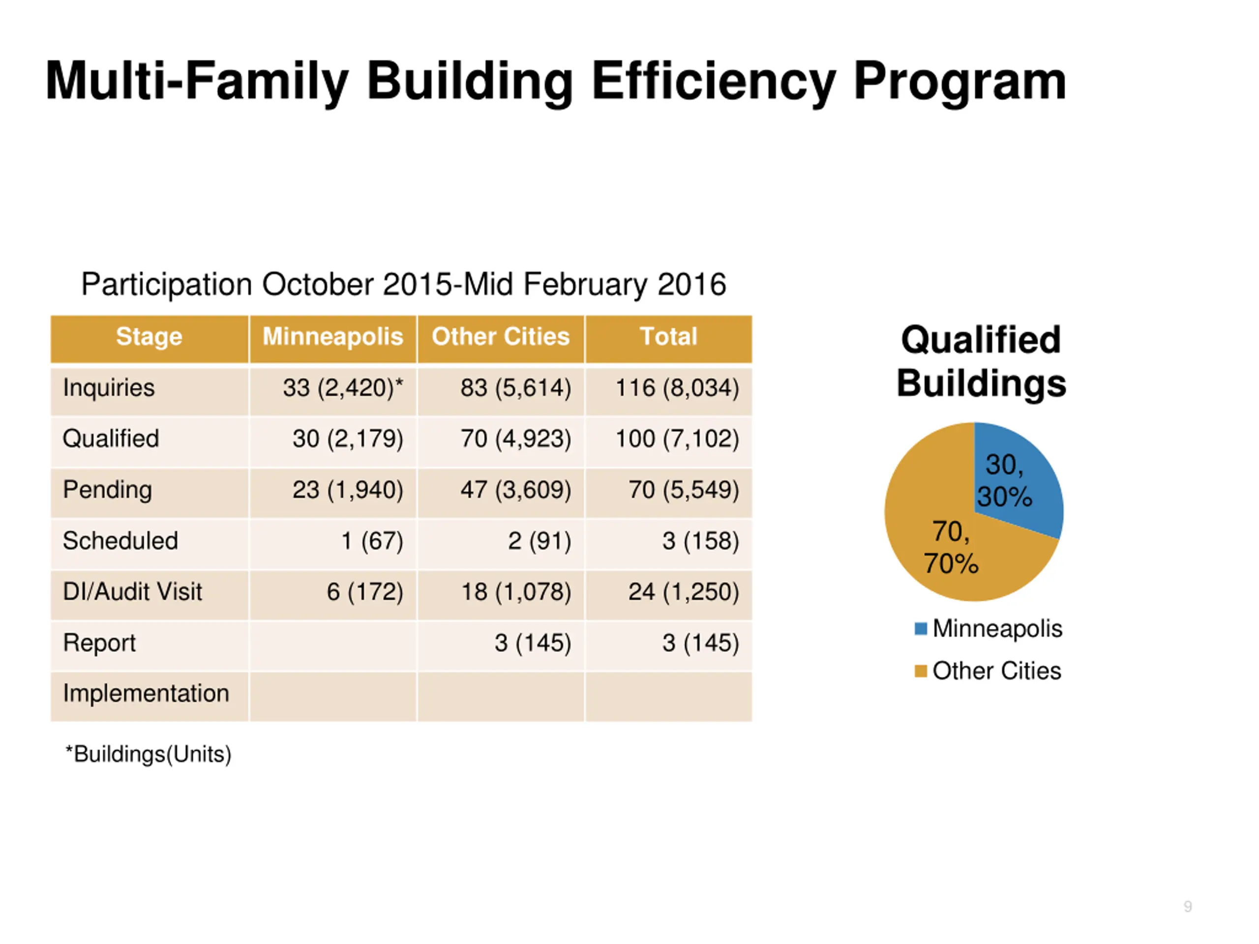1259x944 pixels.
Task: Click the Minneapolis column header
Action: coord(332,336)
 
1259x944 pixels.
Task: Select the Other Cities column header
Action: coord(500,336)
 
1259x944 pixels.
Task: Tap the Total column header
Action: coord(668,336)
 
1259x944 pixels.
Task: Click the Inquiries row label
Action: coord(109,387)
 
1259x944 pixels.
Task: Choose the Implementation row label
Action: coord(146,694)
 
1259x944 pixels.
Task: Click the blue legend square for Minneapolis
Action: coord(920,629)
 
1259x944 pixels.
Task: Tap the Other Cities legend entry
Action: coord(988,671)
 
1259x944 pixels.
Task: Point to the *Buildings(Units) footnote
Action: coord(149,755)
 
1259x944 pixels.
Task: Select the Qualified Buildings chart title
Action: coord(981,361)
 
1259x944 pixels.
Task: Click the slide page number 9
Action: coord(1187,907)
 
